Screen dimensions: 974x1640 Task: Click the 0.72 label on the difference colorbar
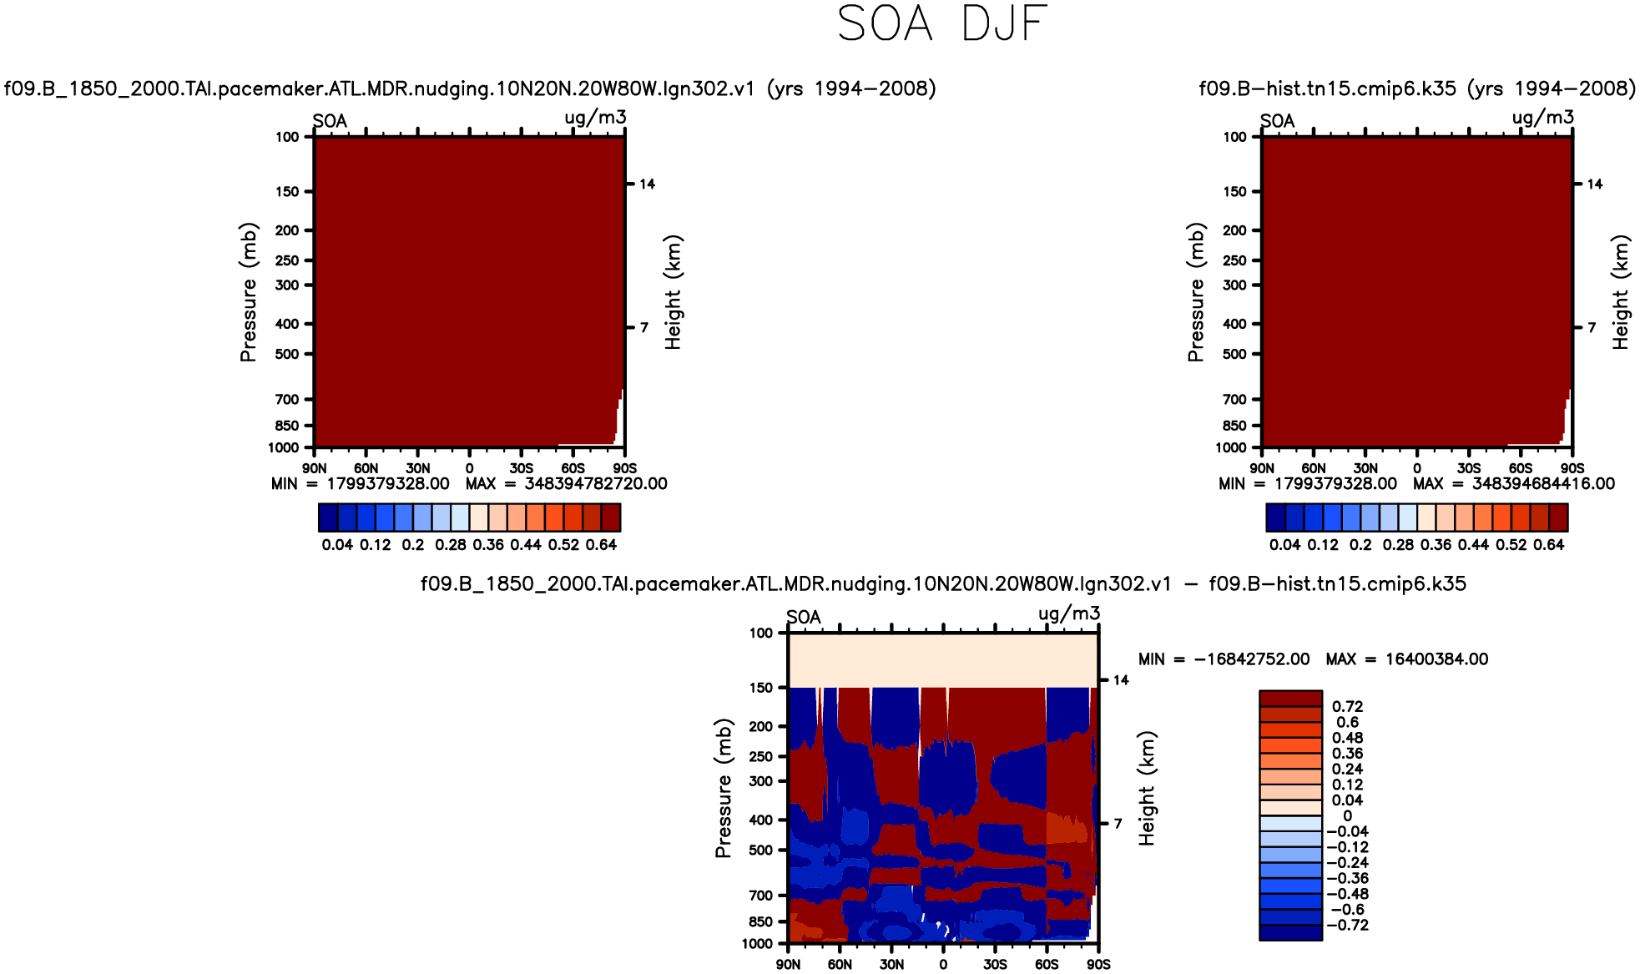[x=1347, y=707]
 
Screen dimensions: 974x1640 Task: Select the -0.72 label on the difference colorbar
[x=1347, y=925]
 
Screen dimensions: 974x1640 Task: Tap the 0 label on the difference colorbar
[x=1347, y=815]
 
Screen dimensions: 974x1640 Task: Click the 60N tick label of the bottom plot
[x=840, y=964]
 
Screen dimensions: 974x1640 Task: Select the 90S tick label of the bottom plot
[x=1098, y=964]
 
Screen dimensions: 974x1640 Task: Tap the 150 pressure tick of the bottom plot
[x=761, y=688]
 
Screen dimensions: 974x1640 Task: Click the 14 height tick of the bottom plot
[x=1121, y=680]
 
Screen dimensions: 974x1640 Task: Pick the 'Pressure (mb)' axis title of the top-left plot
[x=248, y=292]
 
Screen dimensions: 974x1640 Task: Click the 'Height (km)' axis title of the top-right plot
[x=1621, y=292]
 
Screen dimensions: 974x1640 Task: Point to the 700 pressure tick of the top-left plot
[x=286, y=400]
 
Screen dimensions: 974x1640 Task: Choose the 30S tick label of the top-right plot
[x=1469, y=468]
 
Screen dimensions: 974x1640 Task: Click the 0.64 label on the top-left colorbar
[x=601, y=545]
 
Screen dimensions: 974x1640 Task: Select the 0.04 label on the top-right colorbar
[x=1284, y=545]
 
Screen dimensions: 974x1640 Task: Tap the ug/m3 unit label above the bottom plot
[x=1069, y=614]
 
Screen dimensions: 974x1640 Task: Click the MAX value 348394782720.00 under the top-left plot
[x=595, y=484]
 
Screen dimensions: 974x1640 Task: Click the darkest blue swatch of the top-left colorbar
[x=328, y=518]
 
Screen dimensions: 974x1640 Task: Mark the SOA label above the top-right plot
[x=1277, y=122]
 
